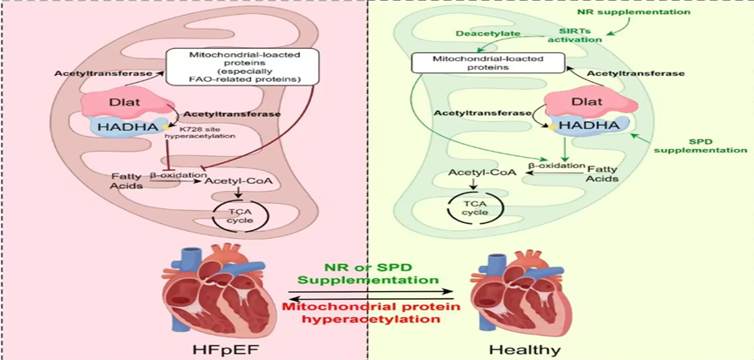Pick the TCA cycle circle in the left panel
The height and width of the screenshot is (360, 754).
[x=240, y=214]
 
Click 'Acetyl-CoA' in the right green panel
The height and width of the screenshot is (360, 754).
[x=473, y=173]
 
